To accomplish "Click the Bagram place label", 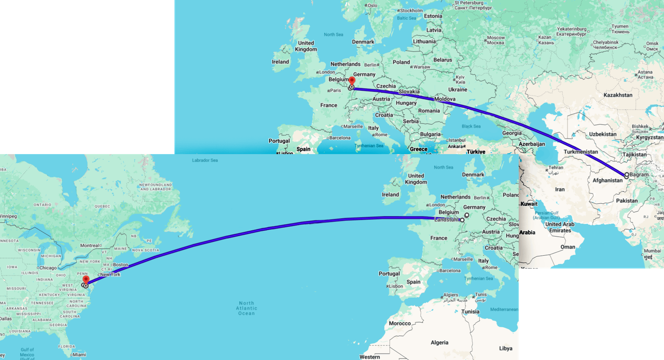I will pyautogui.click(x=639, y=175).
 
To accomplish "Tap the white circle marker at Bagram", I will pyautogui.click(x=627, y=175).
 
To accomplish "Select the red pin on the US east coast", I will pyautogui.click(x=86, y=280).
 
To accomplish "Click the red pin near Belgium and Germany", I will pyautogui.click(x=352, y=81).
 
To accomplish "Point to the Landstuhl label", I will pyautogui.click(x=447, y=219).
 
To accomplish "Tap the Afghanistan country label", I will pyautogui.click(x=607, y=181).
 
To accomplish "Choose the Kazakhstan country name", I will pyautogui.click(x=618, y=95).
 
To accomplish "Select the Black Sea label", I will pyautogui.click(x=471, y=126).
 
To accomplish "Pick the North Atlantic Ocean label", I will pyautogui.click(x=246, y=308).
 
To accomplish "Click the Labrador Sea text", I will pyautogui.click(x=205, y=160).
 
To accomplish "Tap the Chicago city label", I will pyautogui.click(x=47, y=268).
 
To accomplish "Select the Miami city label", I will pyautogui.click(x=79, y=355).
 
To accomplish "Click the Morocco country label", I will pyautogui.click(x=400, y=323).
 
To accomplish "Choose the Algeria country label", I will pyautogui.click(x=439, y=342).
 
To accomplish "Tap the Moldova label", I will pyautogui.click(x=446, y=99).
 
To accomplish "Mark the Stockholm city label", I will pyautogui.click(x=411, y=10).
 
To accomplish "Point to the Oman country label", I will pyautogui.click(x=568, y=247).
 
